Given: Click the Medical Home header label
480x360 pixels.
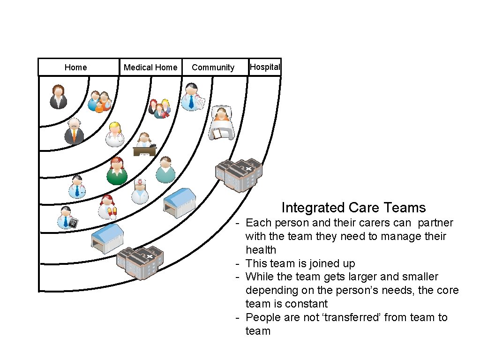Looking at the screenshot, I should [150, 67].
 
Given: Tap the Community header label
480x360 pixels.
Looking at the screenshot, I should [213, 67].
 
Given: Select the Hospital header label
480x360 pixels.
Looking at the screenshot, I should [265, 67].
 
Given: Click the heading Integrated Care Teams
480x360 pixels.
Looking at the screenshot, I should [353, 208].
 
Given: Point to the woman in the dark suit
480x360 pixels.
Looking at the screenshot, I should [58, 97].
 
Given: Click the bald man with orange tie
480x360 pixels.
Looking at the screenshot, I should [74, 131].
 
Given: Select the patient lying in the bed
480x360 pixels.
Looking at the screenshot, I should [221, 123].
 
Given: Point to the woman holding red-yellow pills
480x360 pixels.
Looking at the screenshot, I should [107, 207].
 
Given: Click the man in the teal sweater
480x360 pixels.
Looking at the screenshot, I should [165, 170].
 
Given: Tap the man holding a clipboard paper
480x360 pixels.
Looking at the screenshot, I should [193, 97].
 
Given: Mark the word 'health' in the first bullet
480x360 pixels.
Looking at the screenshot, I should [261, 250].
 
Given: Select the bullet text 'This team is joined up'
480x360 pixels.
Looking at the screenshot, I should [300, 263].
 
